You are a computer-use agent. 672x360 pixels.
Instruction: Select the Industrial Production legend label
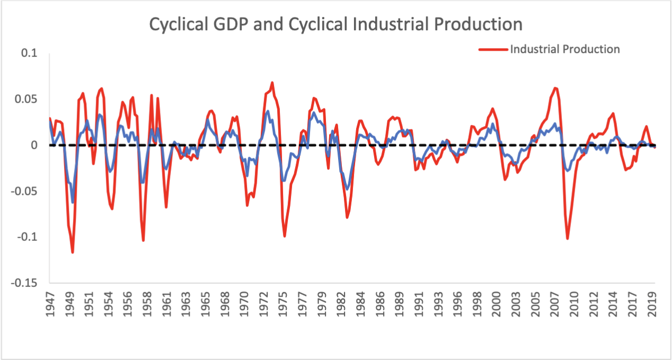tap(565, 49)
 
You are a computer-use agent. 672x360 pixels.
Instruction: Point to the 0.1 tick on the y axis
tap(31, 53)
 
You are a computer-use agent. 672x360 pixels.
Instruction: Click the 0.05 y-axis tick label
tap(28, 100)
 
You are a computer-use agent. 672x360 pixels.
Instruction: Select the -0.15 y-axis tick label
tap(25, 283)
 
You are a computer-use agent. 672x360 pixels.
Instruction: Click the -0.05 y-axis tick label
tap(25, 191)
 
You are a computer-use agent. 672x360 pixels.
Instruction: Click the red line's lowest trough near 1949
tap(72, 253)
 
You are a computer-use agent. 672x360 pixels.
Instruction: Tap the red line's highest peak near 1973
tap(272, 83)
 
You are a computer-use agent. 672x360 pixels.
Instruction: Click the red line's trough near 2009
tap(568, 239)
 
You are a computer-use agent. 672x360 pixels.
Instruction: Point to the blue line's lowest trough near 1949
tap(72, 202)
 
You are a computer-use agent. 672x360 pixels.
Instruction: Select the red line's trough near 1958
tap(143, 240)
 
